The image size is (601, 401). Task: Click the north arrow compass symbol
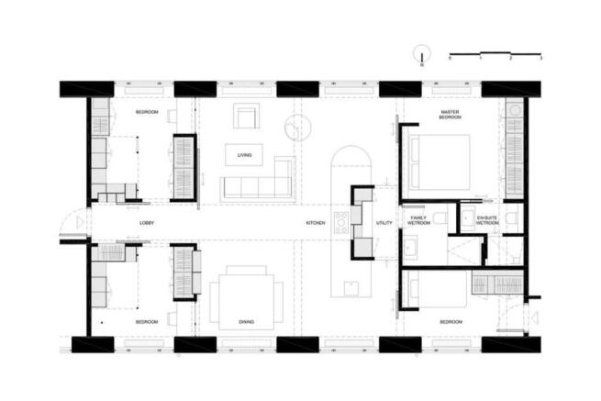coord(422,54)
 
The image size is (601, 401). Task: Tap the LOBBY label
coord(146,223)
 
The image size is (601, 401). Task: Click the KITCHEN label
coord(315,223)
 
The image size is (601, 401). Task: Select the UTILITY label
coord(384,223)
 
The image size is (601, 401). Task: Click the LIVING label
coord(244,155)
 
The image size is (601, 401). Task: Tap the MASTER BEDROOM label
coord(450,115)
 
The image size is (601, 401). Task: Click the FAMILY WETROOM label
coord(418,220)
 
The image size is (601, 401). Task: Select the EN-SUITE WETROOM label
coord(487,220)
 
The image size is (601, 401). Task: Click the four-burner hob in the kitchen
coord(340,223)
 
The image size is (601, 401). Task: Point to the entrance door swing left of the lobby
coord(71,223)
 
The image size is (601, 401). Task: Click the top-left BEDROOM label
coord(147,112)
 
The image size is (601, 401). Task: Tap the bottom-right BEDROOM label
coord(450,322)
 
